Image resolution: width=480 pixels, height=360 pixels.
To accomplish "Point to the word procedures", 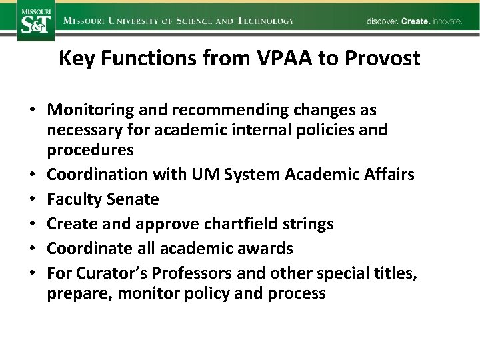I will pos(90,150).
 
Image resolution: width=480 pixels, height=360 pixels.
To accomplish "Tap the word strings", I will pos(307,223).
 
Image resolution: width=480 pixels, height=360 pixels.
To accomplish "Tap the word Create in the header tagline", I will pos(415,21).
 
